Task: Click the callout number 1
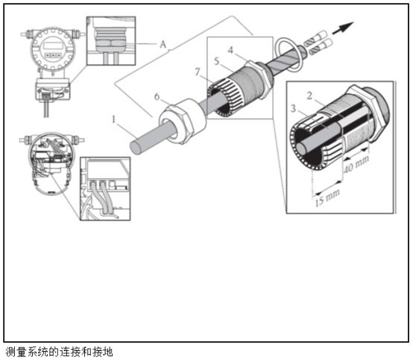coord(113,119)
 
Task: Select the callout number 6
coord(157,97)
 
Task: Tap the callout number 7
coord(198,72)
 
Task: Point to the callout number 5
coord(216,61)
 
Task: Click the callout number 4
coord(230,50)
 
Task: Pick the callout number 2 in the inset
coord(309,95)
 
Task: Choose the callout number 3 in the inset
coord(293,108)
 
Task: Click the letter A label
coord(163,44)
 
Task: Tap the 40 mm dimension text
coord(356,164)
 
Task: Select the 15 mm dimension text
coord(327,198)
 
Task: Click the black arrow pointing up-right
coord(343,28)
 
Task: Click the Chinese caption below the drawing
coord(59,352)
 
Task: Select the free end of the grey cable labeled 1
coord(136,147)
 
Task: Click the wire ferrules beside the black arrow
coord(318,42)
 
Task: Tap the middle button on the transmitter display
coord(53,55)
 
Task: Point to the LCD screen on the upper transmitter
coord(53,45)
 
